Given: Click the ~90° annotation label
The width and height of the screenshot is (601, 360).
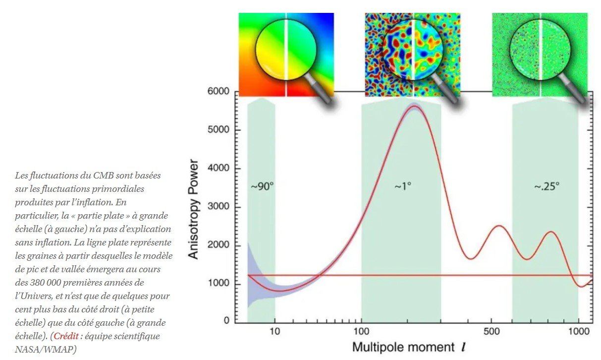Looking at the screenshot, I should (262, 187).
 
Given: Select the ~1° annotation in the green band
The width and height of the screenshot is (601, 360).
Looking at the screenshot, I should (403, 187).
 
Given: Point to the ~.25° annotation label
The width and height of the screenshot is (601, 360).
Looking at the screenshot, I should (546, 187).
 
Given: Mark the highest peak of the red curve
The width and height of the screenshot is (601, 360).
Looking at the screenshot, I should (414, 106).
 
